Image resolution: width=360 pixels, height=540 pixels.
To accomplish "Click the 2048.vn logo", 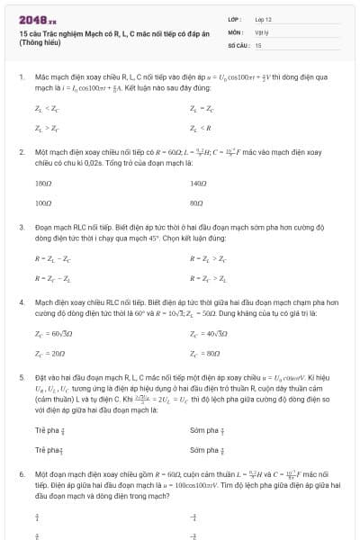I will [37, 20].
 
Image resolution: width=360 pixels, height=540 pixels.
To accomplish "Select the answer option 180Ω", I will [43, 183].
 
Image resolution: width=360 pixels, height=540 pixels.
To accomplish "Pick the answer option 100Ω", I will [43, 203].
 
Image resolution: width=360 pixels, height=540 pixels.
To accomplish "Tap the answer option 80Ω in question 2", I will [197, 203].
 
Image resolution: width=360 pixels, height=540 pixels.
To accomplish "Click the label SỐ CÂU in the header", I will [238, 43].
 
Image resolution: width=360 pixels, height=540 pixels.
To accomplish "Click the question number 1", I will [22, 78].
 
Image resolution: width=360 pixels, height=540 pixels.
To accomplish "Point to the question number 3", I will [22, 229].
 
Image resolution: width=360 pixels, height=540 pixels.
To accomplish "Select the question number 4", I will [22, 303].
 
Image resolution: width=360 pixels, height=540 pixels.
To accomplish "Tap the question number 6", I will [22, 472].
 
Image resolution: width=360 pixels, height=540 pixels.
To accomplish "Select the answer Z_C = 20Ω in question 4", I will [49, 353].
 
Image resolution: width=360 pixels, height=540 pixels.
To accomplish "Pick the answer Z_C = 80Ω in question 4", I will [205, 353].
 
